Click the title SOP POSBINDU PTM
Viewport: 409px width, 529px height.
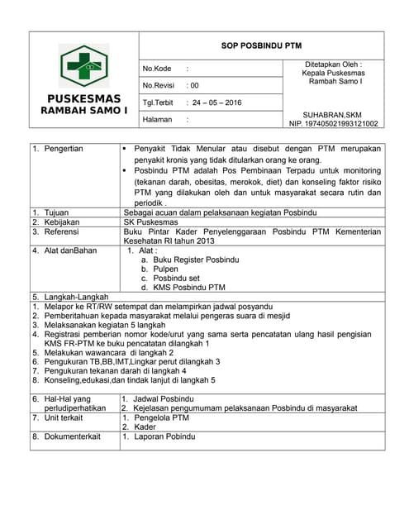(261, 46)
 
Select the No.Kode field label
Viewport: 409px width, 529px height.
(157, 69)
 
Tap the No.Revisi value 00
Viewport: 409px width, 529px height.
(193, 85)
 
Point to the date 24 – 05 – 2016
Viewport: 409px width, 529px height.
(216, 102)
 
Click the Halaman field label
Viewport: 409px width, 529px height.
(157, 119)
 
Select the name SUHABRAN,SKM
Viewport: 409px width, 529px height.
(333, 115)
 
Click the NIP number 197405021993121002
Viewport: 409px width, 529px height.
(333, 124)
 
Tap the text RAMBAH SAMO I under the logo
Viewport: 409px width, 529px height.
(84, 110)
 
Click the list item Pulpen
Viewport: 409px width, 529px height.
(166, 269)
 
